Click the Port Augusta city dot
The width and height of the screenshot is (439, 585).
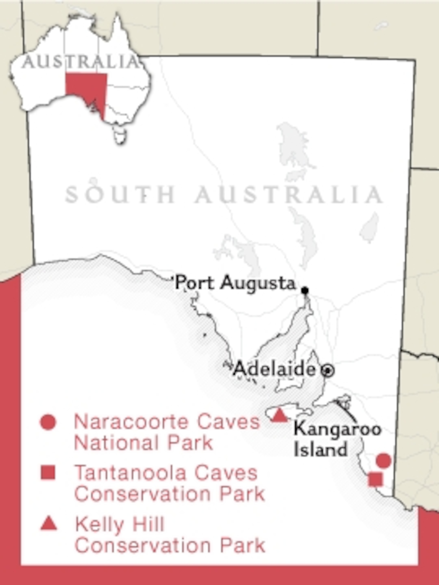click(305, 290)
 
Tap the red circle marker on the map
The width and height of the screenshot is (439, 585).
click(383, 460)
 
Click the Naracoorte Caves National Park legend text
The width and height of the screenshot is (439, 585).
click(167, 433)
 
